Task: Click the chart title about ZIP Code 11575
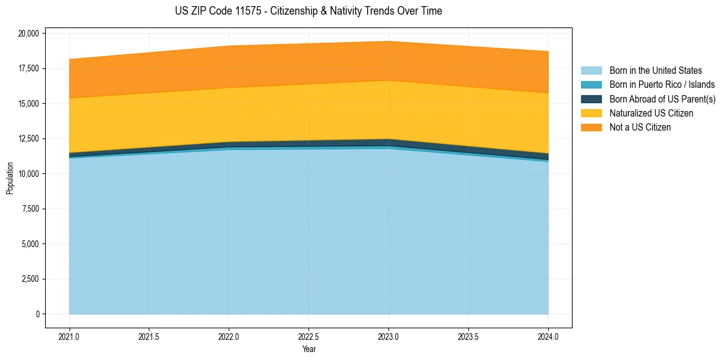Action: [309, 11]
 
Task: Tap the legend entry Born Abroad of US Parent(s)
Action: [662, 99]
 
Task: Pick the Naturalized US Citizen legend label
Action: [651, 113]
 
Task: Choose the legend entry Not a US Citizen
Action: [640, 128]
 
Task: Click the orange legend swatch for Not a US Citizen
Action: [591, 128]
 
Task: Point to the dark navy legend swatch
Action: [591, 99]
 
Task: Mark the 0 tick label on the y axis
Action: [37, 314]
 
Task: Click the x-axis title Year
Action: [309, 350]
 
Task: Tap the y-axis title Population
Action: [10, 178]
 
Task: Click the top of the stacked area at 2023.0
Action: [388, 41]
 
